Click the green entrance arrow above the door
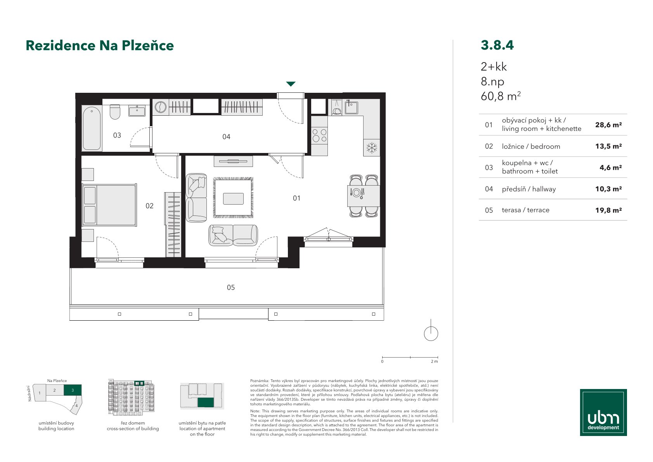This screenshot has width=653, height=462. tap(291, 84)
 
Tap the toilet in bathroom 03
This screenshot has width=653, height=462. tap(115, 112)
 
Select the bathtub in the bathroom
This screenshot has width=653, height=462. tap(92, 129)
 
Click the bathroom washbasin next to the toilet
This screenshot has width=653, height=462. tap(137, 111)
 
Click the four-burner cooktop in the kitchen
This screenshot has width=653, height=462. tap(319, 135)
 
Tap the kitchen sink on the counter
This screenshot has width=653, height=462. tap(351, 107)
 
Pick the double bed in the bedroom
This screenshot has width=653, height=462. tap(109, 205)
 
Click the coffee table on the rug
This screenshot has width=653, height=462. tap(233, 199)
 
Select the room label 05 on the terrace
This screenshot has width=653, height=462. tap(230, 288)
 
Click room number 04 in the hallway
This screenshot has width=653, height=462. tap(226, 137)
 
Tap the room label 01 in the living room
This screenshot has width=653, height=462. tap(296, 198)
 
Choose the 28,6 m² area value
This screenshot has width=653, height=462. tap(608, 125)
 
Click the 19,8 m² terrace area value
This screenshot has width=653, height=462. tap(608, 210)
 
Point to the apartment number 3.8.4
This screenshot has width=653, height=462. tap(497, 45)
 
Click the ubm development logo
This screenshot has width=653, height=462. tap(603, 412)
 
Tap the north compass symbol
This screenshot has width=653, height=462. tap(431, 330)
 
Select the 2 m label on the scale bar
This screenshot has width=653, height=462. tap(434, 361)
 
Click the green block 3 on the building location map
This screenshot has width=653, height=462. tap(73, 390)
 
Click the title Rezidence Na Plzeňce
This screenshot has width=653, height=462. tap(100, 45)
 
